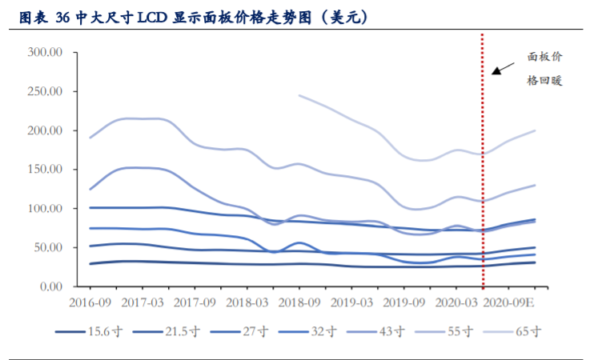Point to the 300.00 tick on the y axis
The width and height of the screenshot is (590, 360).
45,53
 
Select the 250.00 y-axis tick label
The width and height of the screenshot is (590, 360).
45,92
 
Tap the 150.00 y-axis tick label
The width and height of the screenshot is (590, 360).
45,170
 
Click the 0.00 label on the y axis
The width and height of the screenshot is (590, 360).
50,286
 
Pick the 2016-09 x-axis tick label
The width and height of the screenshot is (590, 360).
90,304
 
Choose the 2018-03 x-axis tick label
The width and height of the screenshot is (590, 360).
247,304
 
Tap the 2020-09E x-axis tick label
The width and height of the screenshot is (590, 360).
512,304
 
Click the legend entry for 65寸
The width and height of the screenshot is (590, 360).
520,331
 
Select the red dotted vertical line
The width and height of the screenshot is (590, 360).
483,160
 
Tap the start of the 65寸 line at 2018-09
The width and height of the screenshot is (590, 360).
299,95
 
